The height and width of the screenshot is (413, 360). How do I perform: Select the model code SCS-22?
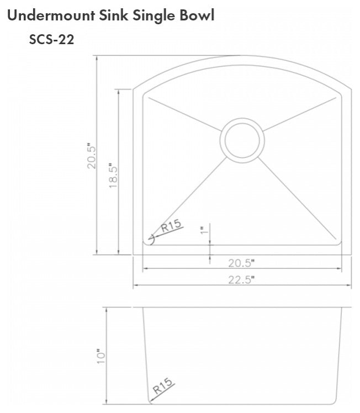coord(51,40)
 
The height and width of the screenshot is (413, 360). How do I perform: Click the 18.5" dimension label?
coord(113,176)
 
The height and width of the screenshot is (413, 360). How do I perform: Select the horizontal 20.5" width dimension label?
coord(241,262)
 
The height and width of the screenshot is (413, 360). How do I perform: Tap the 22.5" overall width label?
coord(241,279)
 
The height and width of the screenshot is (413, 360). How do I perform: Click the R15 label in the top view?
coord(171,227)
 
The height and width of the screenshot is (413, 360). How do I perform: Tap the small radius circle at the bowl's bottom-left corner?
coord(150,239)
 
